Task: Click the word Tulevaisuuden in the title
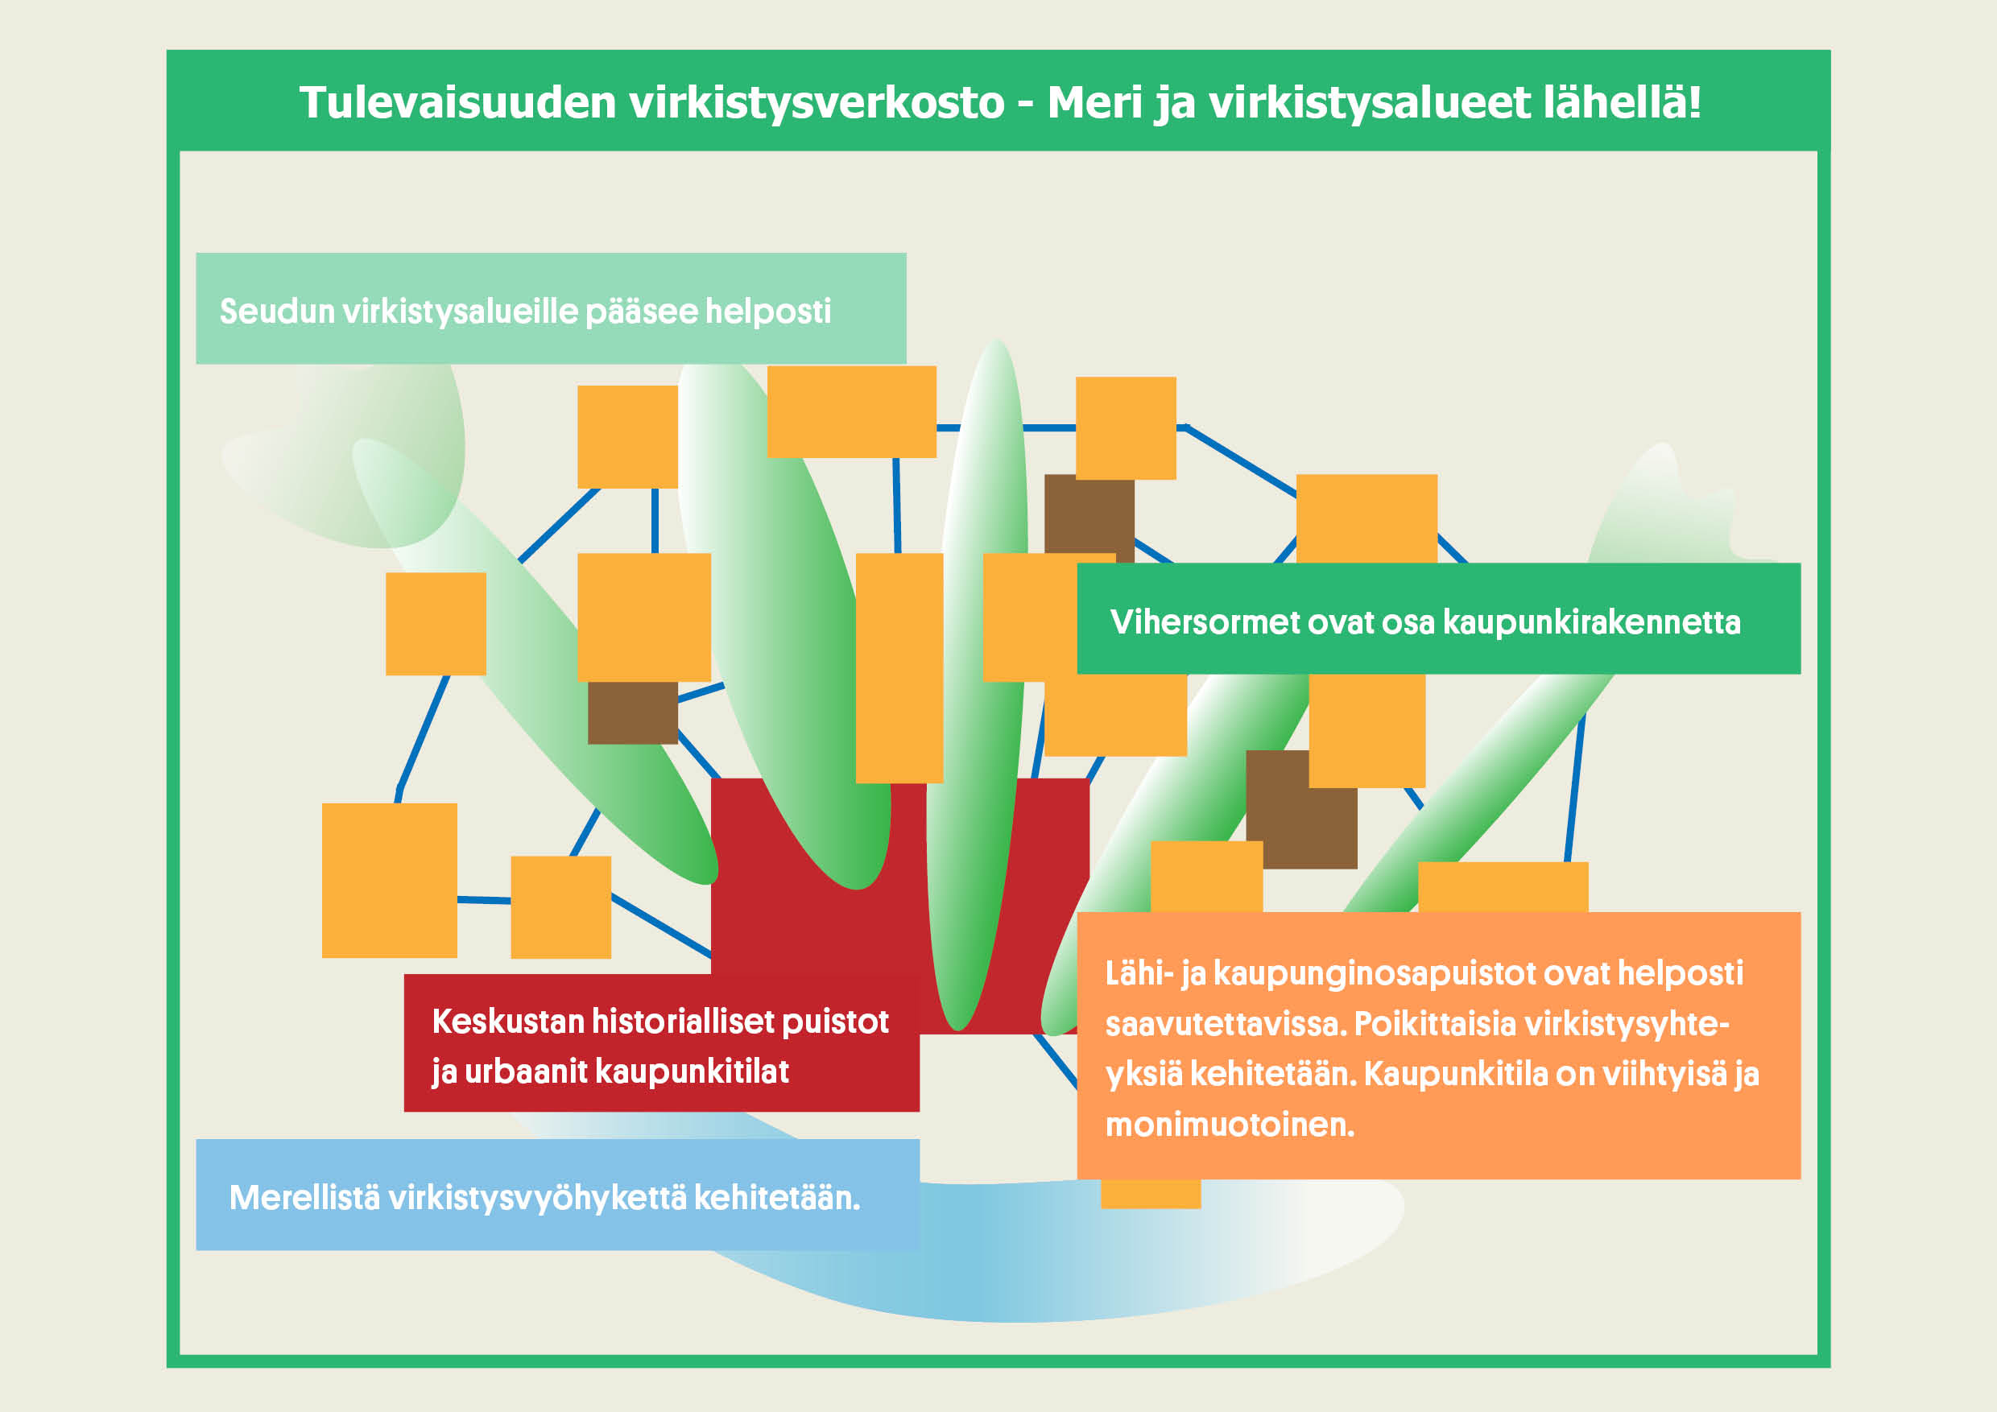458,101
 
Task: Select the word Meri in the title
1094,101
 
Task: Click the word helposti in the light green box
768,312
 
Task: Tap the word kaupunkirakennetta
1592,622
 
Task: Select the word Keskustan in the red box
508,1022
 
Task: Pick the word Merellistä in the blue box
304,1197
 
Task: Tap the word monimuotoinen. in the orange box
1230,1125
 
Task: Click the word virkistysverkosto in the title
817,101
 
